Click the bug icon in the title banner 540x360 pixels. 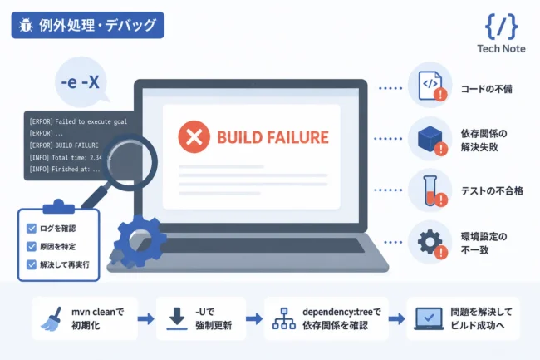click(x=26, y=25)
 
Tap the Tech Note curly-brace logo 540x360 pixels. click(x=501, y=27)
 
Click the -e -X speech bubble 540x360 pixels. click(x=81, y=82)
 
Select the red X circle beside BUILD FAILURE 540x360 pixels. click(x=194, y=136)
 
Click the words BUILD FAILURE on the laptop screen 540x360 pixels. click(x=272, y=137)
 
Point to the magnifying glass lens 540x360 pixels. click(x=130, y=162)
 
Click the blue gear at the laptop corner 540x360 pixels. click(x=139, y=240)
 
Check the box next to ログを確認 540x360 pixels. click(x=32, y=229)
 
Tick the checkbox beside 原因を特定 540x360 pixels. click(x=32, y=246)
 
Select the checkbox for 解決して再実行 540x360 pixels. click(x=32, y=264)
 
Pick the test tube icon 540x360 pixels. click(x=431, y=190)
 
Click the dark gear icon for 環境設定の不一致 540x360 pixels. click(x=430, y=242)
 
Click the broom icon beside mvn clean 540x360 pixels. click(x=52, y=319)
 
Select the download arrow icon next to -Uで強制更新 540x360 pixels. click(x=177, y=319)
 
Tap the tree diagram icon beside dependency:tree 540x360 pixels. click(x=284, y=318)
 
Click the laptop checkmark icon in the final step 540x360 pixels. click(x=429, y=318)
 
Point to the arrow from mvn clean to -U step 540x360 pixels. click(x=146, y=318)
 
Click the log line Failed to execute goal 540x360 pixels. click(x=78, y=121)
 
